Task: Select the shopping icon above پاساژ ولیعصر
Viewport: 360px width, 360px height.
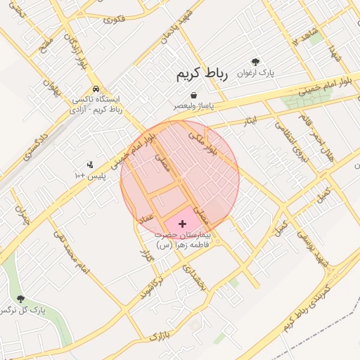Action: pyautogui.click(x=193, y=96)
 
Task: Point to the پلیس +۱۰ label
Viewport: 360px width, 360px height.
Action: pyautogui.click(x=95, y=175)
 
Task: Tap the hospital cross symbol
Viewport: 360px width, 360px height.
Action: pyautogui.click(x=184, y=223)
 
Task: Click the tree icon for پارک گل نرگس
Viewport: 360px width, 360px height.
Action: pyautogui.click(x=20, y=299)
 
